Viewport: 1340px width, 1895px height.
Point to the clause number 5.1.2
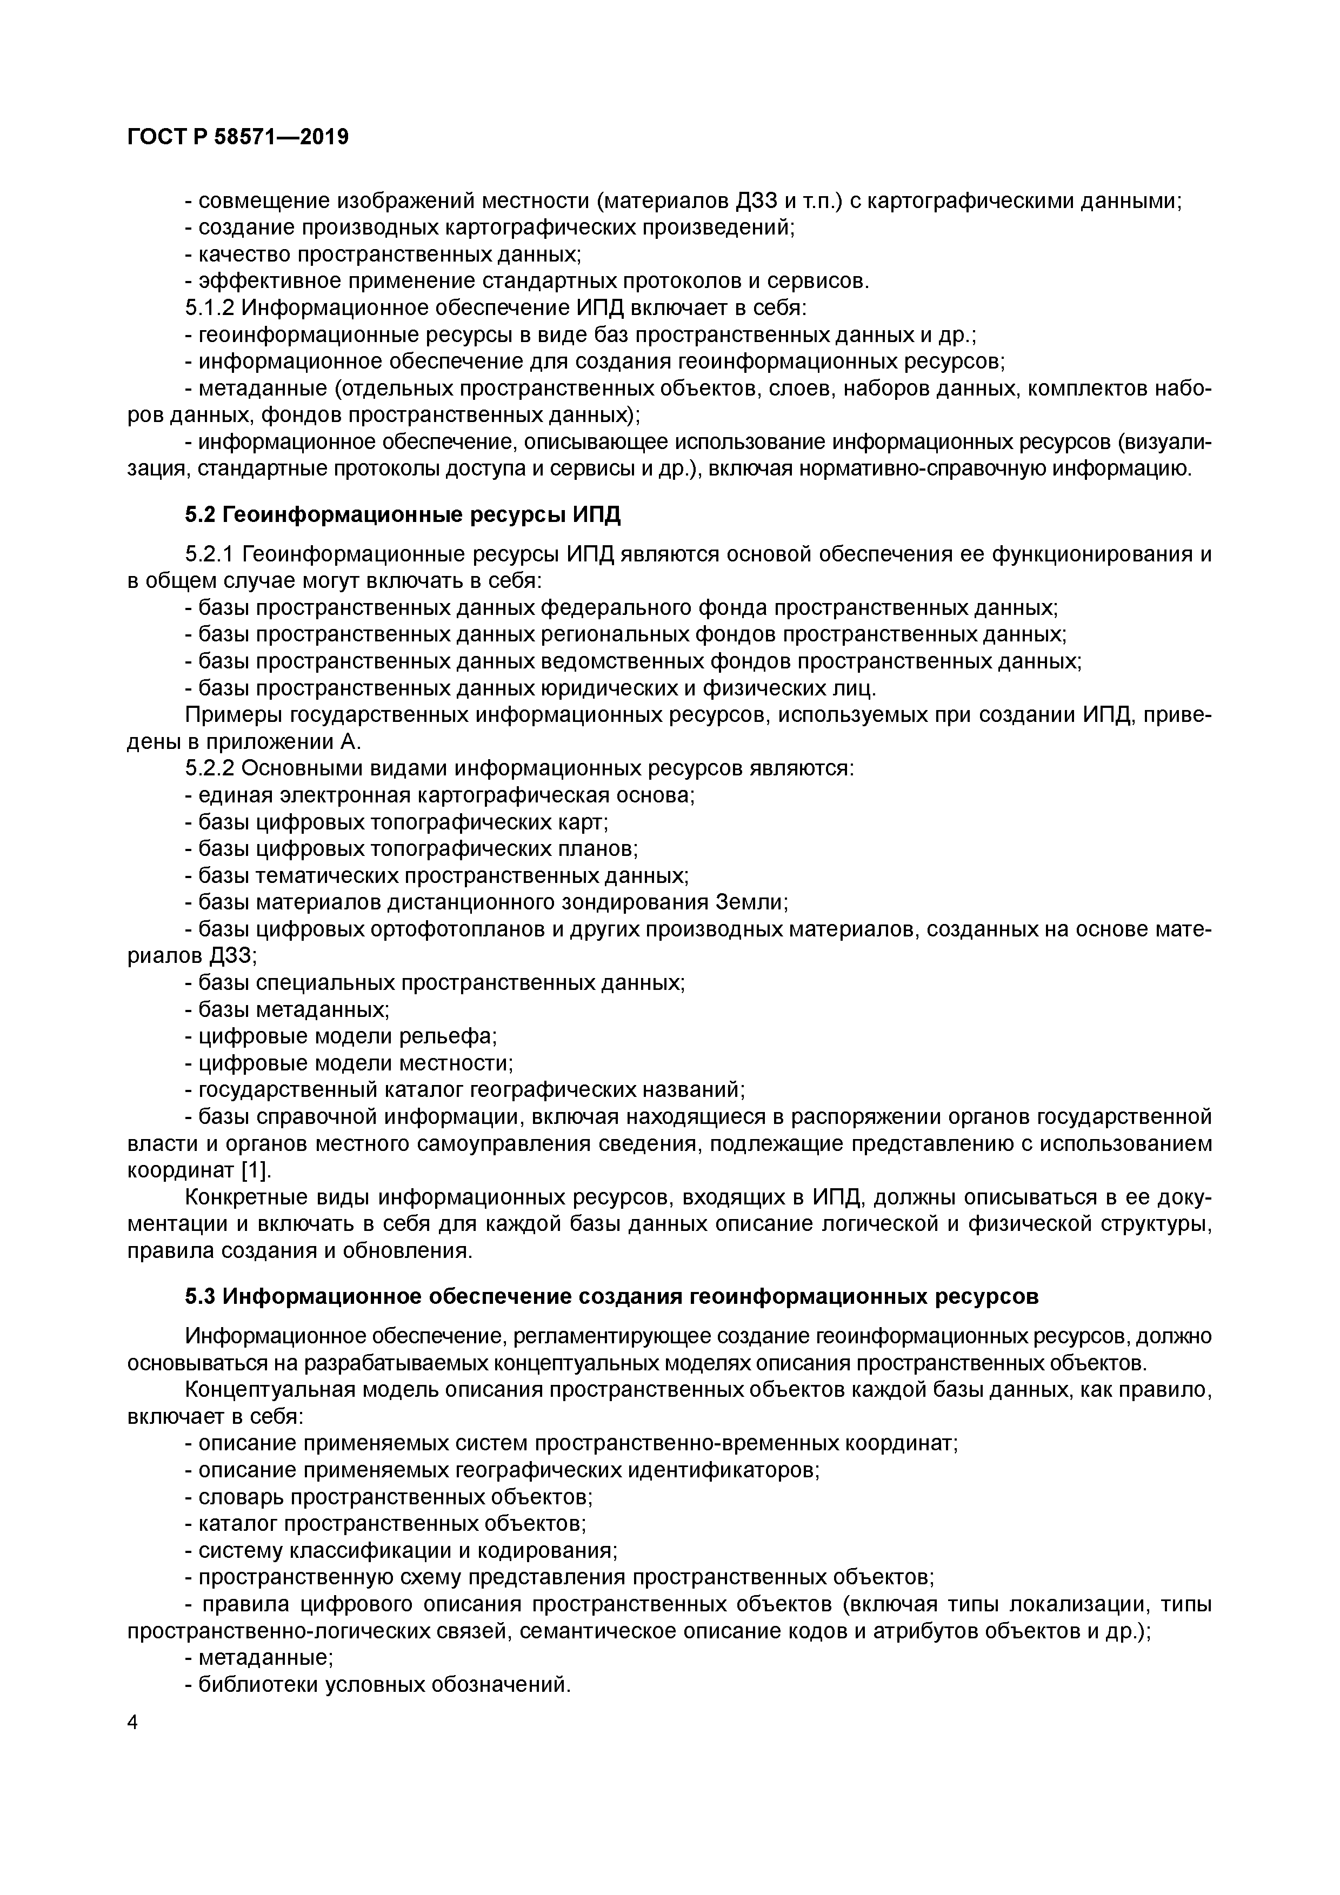tap(210, 309)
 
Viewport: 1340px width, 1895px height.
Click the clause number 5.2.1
tap(210, 554)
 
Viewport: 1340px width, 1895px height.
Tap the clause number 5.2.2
tap(210, 768)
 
